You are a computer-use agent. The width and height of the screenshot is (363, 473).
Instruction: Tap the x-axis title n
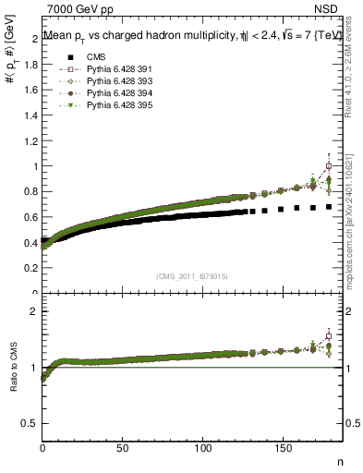[x=339, y=460]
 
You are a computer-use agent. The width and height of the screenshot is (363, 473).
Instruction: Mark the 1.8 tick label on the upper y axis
[x=30, y=64]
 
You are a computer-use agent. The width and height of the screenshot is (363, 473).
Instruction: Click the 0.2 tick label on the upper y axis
[x=30, y=268]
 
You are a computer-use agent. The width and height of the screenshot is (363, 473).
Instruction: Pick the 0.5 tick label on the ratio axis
[x=30, y=423]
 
